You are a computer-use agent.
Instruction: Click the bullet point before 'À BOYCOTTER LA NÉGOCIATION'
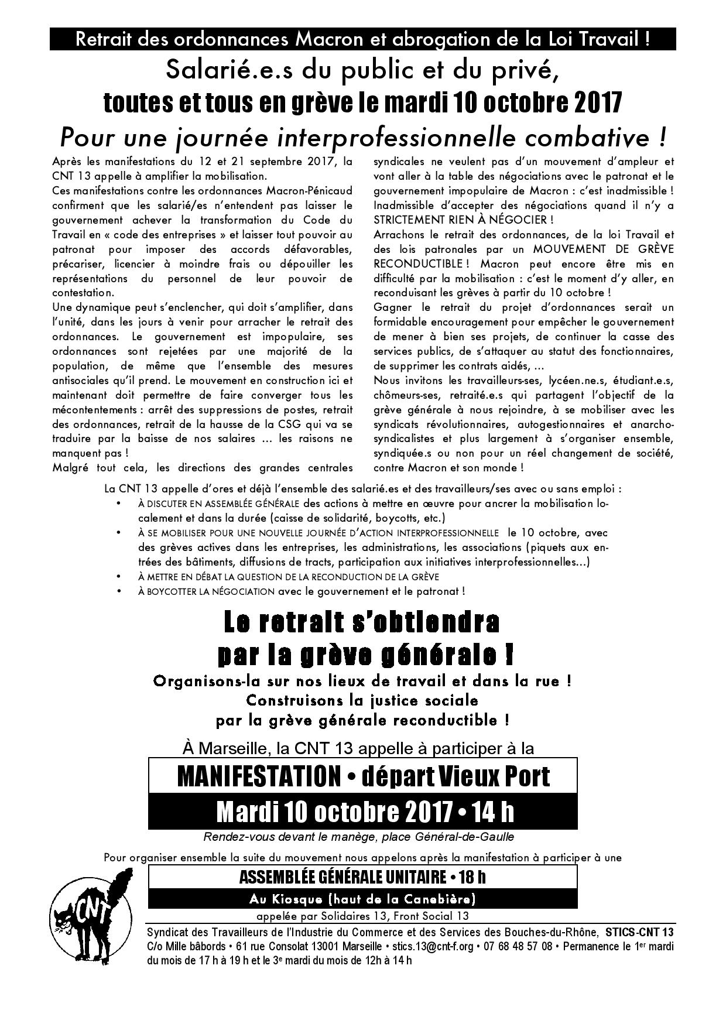point(120,591)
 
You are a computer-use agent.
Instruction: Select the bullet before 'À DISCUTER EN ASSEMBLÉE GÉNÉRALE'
point(120,504)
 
